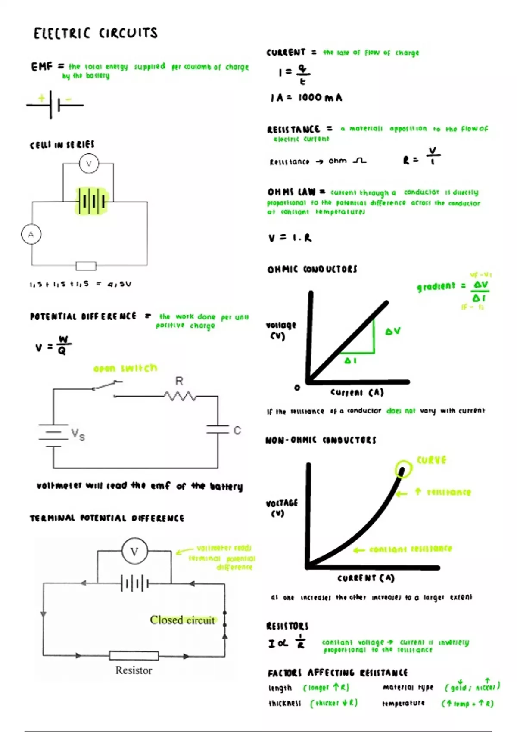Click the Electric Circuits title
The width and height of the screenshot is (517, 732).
coord(96,33)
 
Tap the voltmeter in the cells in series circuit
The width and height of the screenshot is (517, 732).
coord(89,164)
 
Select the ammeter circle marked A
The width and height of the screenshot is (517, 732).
coord(31,235)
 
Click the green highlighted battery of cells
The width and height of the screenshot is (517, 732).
coord(92,201)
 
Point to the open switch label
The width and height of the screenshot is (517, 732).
coord(125,368)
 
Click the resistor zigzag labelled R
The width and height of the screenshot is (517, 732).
coord(180,395)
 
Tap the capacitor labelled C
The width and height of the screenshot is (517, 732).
coord(218,429)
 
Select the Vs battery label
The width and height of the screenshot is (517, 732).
coord(78,434)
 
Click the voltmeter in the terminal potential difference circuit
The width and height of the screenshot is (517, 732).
coord(134,552)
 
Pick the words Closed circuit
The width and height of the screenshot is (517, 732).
coord(182,620)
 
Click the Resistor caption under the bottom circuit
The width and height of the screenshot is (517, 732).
coord(134,670)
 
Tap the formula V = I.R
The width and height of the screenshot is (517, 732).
coord(290,238)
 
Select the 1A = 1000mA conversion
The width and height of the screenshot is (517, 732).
coord(306,98)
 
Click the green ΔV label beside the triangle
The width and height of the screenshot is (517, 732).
coord(393,331)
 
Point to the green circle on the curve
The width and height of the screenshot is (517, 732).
coord(403,469)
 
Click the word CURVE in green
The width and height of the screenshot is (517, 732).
coord(431,460)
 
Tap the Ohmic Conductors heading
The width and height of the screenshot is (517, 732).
coord(312,269)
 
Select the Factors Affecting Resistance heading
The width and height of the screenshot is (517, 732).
coord(337,673)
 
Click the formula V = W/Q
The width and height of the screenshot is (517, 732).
coord(53,346)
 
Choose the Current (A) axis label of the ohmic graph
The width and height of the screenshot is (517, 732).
coord(357,392)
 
